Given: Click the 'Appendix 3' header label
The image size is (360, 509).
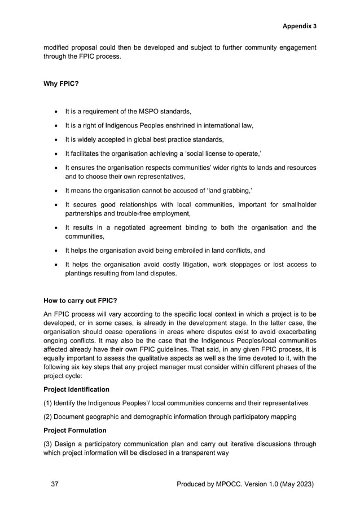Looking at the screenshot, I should coord(299,26).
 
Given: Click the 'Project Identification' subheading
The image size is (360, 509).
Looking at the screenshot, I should coord(77,389).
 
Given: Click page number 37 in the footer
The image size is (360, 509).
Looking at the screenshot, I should coord(55,484).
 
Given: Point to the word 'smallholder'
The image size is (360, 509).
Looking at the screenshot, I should coord(295,204).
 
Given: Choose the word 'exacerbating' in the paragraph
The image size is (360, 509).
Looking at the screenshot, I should coord(293,334).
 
